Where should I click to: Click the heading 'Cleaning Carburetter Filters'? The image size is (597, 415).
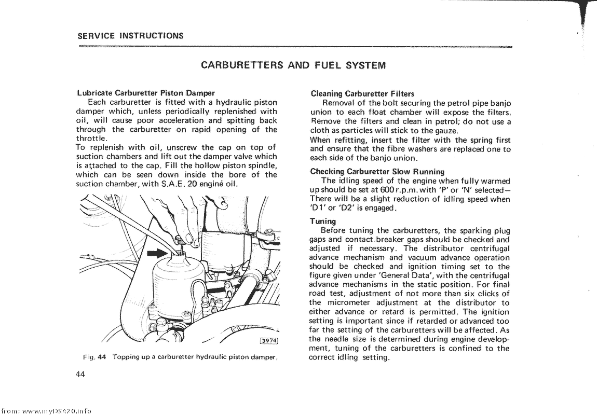tap(362, 94)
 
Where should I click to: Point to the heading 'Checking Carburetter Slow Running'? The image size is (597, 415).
tap(377, 172)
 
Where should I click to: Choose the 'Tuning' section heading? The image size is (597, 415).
tap(322, 222)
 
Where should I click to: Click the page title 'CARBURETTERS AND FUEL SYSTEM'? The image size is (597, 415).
tap(293, 65)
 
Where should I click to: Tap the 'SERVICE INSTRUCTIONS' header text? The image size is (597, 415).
tap(130, 36)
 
